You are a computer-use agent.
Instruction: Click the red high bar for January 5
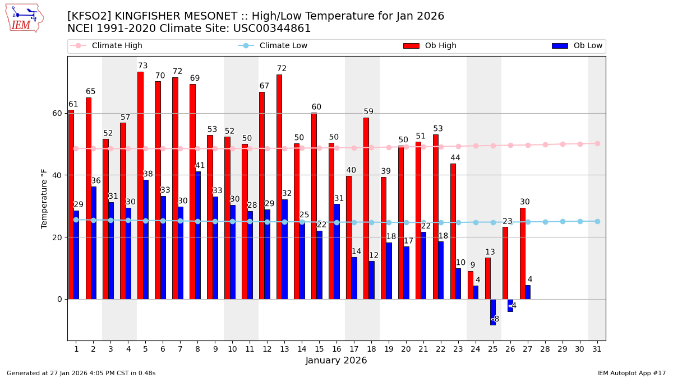140,185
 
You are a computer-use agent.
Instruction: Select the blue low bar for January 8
197,235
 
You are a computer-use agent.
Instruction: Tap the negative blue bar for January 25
492,312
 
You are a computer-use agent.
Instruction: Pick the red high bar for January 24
470,285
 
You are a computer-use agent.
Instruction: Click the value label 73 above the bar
143,66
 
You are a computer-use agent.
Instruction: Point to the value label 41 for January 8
200,166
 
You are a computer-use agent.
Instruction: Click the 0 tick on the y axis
59,299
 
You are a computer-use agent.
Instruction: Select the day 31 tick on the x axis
597,349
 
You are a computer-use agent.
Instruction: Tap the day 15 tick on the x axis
319,349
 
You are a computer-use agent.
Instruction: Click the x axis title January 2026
336,361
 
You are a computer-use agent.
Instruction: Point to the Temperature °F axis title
44,198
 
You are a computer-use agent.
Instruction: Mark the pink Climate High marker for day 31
597,143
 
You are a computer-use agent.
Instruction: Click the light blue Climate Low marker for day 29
563,222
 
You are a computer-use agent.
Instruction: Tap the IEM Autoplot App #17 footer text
631,373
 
